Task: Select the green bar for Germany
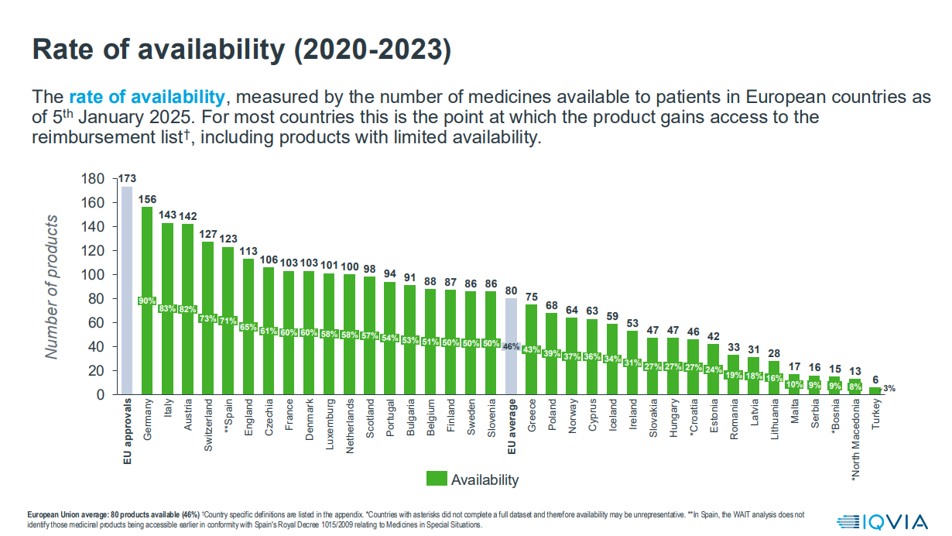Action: coord(146,325)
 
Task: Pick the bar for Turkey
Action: coord(875,391)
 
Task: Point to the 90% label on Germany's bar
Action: coord(146,301)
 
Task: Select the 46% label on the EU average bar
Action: coord(511,346)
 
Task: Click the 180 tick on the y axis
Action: coord(93,179)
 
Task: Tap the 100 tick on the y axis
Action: coord(93,275)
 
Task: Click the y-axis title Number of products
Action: coord(52,287)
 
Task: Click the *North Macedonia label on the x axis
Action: coord(855,442)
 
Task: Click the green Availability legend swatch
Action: coord(437,479)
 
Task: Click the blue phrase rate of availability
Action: coord(147,98)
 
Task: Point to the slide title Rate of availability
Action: coord(241,49)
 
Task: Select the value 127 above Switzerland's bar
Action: coord(207,235)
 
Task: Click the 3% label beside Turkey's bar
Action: coord(889,388)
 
